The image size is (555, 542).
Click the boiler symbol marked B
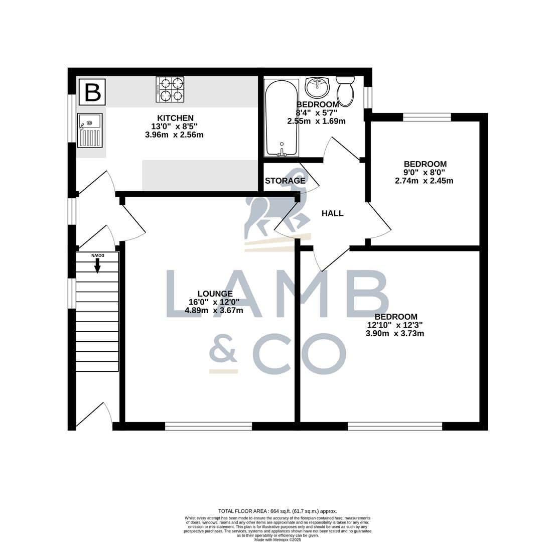click(92, 92)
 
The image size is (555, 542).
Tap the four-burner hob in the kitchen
click(170, 89)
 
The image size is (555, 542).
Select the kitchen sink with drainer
click(90, 130)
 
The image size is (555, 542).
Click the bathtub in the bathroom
click(281, 118)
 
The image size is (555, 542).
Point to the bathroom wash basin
click(317, 88)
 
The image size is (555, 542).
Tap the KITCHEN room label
click(175, 118)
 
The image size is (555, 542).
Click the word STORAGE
click(285, 181)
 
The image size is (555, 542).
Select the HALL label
click(332, 213)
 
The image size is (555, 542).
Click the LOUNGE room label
click(215, 294)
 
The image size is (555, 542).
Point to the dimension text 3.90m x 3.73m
click(394, 333)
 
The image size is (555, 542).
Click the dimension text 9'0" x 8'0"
click(424, 172)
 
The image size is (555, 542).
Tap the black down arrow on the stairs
click(97, 265)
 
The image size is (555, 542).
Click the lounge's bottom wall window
click(208, 426)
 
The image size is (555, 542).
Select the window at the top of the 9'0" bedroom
click(427, 117)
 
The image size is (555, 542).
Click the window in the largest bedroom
click(395, 426)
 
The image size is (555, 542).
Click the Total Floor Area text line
click(277, 511)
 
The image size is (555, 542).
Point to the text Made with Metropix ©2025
click(277, 539)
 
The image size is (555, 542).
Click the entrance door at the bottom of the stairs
click(95, 417)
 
